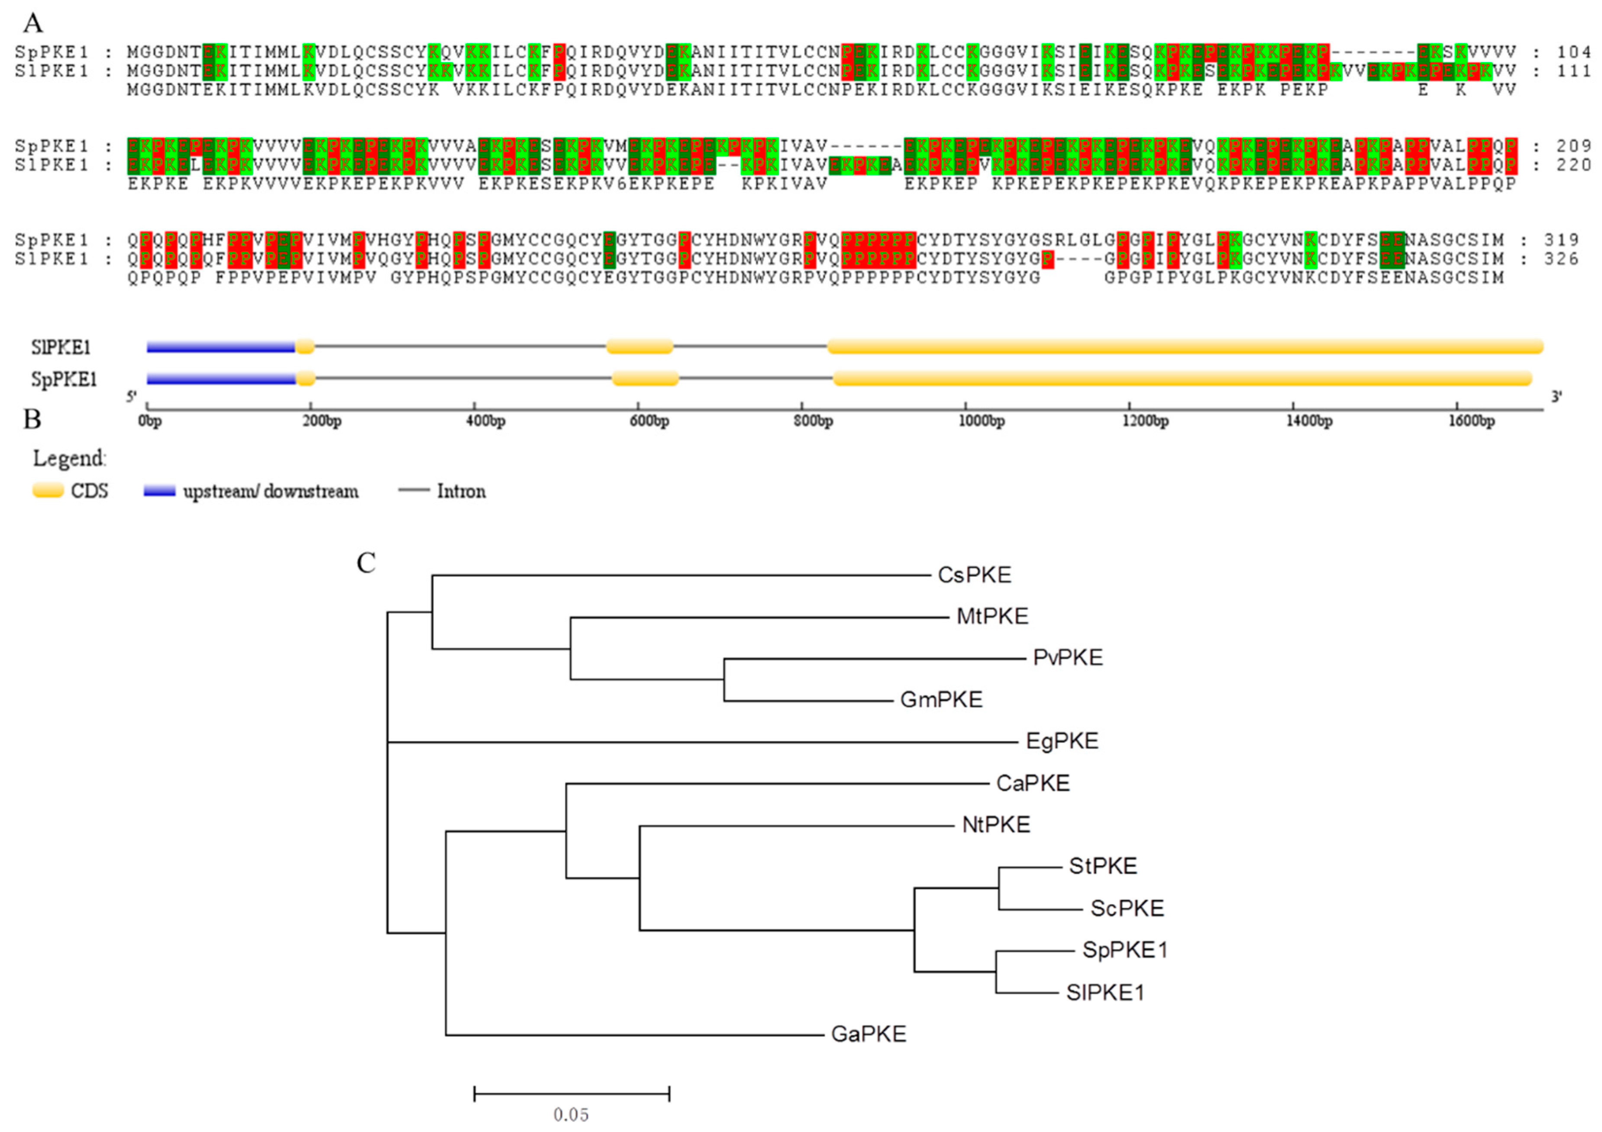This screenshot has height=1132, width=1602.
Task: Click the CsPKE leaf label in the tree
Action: [x=974, y=575]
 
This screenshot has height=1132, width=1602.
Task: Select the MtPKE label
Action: [x=992, y=616]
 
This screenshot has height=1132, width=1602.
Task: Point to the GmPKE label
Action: [x=941, y=699]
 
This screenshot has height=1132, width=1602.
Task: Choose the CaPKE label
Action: [x=1033, y=783]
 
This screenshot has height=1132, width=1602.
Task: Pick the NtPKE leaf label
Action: [x=996, y=825]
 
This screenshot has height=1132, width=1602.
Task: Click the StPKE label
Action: [x=1102, y=866]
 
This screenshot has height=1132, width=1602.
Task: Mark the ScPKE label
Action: [x=1127, y=908]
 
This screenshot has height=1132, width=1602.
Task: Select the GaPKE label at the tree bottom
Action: [x=869, y=1034]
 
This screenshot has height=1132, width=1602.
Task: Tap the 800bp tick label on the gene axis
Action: [x=814, y=421]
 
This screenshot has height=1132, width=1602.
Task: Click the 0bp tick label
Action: [x=150, y=421]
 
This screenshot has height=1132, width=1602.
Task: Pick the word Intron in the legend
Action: [x=461, y=492]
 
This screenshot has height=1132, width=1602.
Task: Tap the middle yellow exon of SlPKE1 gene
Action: [x=639, y=346]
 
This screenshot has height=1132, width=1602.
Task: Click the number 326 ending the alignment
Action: [x=1562, y=259]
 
